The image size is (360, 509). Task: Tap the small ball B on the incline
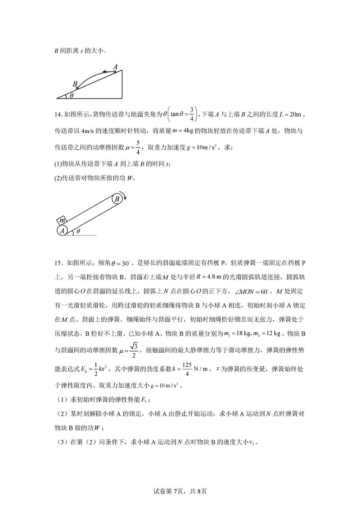pyautogui.click(x=77, y=88)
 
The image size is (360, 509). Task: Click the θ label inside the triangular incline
pyautogui.click(x=71, y=95)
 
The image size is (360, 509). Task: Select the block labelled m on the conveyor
pyautogui.click(x=63, y=221)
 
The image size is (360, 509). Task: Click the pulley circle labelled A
pyautogui.click(x=63, y=230)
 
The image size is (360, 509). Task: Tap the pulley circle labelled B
pyautogui.click(x=117, y=198)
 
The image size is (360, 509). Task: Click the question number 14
pyautogui.click(x=58, y=116)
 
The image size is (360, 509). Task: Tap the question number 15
pyautogui.click(x=58, y=262)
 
